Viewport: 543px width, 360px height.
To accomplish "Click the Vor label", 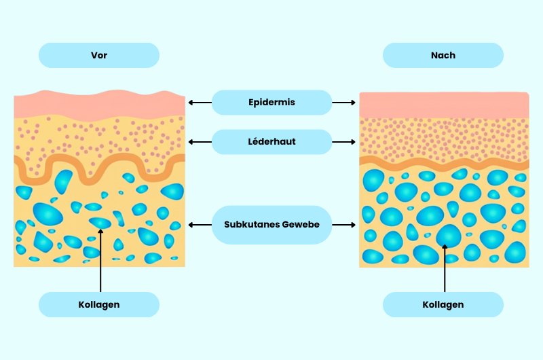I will click(x=99, y=55).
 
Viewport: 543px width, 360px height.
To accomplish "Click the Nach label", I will click(x=443, y=55).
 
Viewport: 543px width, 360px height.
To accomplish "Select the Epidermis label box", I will click(x=271, y=103).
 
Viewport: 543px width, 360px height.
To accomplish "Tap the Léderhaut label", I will click(x=271, y=142).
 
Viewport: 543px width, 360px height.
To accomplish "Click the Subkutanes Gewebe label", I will click(x=271, y=225).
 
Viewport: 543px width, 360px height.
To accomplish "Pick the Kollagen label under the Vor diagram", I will click(x=99, y=305).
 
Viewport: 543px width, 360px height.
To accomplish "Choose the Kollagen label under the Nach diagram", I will click(x=443, y=305).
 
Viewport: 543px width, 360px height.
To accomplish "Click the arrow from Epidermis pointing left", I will click(x=200, y=103).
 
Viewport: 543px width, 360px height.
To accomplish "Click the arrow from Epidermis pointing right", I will click(x=344, y=103).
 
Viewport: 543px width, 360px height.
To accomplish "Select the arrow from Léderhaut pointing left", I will click(x=200, y=142).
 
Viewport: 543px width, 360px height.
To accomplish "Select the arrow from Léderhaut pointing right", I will click(x=344, y=142).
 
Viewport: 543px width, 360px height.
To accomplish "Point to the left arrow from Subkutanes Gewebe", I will click(x=200, y=225).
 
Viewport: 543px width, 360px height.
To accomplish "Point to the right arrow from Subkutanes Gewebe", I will click(x=344, y=225).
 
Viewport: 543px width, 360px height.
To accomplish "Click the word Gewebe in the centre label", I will click(x=302, y=225).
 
